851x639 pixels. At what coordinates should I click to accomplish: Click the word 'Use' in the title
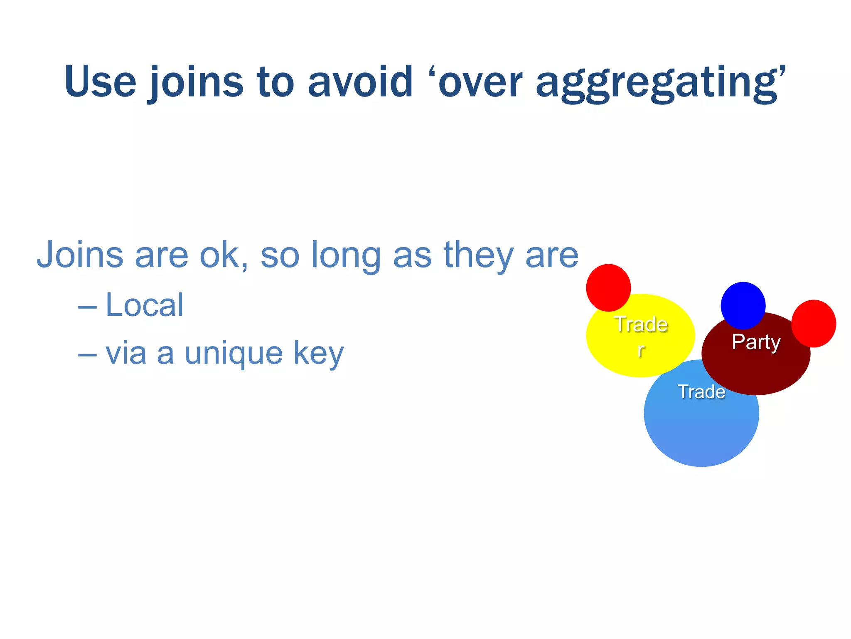tap(100, 82)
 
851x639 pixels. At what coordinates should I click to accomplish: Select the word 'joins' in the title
tap(195, 82)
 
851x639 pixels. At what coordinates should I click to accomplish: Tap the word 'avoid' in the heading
tap(360, 82)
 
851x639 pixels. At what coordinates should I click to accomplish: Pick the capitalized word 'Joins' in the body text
tap(80, 255)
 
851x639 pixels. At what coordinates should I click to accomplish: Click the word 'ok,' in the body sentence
tap(224, 255)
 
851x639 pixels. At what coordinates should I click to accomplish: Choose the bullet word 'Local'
tap(144, 305)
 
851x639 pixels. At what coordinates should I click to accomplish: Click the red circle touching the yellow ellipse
tap(608, 287)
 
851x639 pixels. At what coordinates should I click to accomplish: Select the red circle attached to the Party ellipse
tap(814, 323)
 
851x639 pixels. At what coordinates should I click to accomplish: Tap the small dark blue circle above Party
tap(743, 305)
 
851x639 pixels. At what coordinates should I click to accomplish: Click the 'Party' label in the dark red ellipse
tap(756, 342)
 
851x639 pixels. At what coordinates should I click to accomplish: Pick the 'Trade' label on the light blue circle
tap(701, 392)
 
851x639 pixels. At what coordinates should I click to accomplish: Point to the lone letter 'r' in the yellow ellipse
tap(641, 350)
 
